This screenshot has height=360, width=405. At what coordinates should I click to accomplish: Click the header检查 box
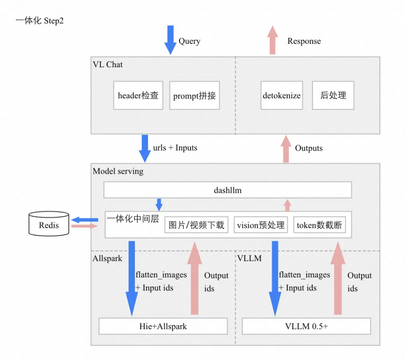[x=138, y=95]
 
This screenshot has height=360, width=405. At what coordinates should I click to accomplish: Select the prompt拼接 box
[x=194, y=95]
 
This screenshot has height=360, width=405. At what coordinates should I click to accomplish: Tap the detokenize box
[x=282, y=95]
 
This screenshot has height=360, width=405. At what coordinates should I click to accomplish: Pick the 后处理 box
[x=333, y=95]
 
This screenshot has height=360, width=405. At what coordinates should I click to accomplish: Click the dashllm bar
[x=228, y=190]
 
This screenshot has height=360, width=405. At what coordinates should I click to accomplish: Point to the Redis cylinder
[x=49, y=224]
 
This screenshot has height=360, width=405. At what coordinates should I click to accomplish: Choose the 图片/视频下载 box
[x=196, y=225]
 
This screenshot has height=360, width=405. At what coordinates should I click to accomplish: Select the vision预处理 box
[x=261, y=225]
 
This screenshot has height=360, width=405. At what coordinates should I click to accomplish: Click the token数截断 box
[x=319, y=225]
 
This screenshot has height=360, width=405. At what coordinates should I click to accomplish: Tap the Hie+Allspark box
[x=163, y=326]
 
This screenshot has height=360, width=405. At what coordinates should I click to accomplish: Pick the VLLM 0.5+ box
[x=306, y=326]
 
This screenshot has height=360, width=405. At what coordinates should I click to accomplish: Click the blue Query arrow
[x=171, y=40]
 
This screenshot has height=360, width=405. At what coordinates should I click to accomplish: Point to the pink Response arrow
[x=273, y=40]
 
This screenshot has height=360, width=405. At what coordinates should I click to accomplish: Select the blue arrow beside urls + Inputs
[x=145, y=149]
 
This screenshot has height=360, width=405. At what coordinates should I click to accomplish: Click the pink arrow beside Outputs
[x=286, y=149]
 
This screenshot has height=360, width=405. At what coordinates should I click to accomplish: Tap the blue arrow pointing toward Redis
[x=85, y=220]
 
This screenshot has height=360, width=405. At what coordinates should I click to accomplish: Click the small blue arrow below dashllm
[x=159, y=205]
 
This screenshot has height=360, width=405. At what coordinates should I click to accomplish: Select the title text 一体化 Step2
[x=40, y=21]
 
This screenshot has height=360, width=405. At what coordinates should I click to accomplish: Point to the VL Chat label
[x=108, y=64]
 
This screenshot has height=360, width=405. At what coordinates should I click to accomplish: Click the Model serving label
[x=118, y=171]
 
